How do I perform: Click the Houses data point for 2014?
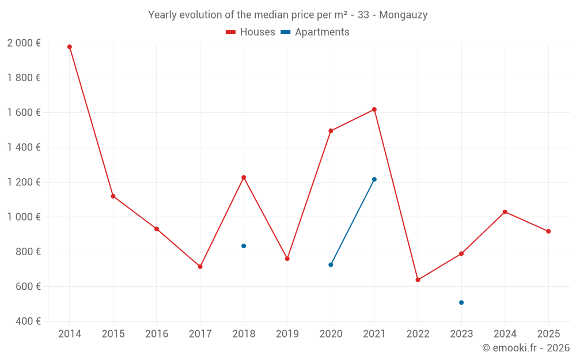70,47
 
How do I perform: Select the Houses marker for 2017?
200,267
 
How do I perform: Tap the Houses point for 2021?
374,109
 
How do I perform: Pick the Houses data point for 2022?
418,280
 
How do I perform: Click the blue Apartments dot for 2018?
244,246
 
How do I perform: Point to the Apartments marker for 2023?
461,302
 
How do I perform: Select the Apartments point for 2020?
331,265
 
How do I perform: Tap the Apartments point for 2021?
374,179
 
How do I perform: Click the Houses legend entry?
251,32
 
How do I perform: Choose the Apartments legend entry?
315,32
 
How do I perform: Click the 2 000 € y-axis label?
24,43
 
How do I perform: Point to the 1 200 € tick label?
24,183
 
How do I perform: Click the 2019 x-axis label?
287,334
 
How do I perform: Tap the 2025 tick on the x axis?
548,334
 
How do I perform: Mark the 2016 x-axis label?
157,334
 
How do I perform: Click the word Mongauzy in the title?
404,15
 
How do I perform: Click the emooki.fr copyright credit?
525,348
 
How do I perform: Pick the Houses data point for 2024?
505,212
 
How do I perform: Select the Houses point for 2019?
287,259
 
